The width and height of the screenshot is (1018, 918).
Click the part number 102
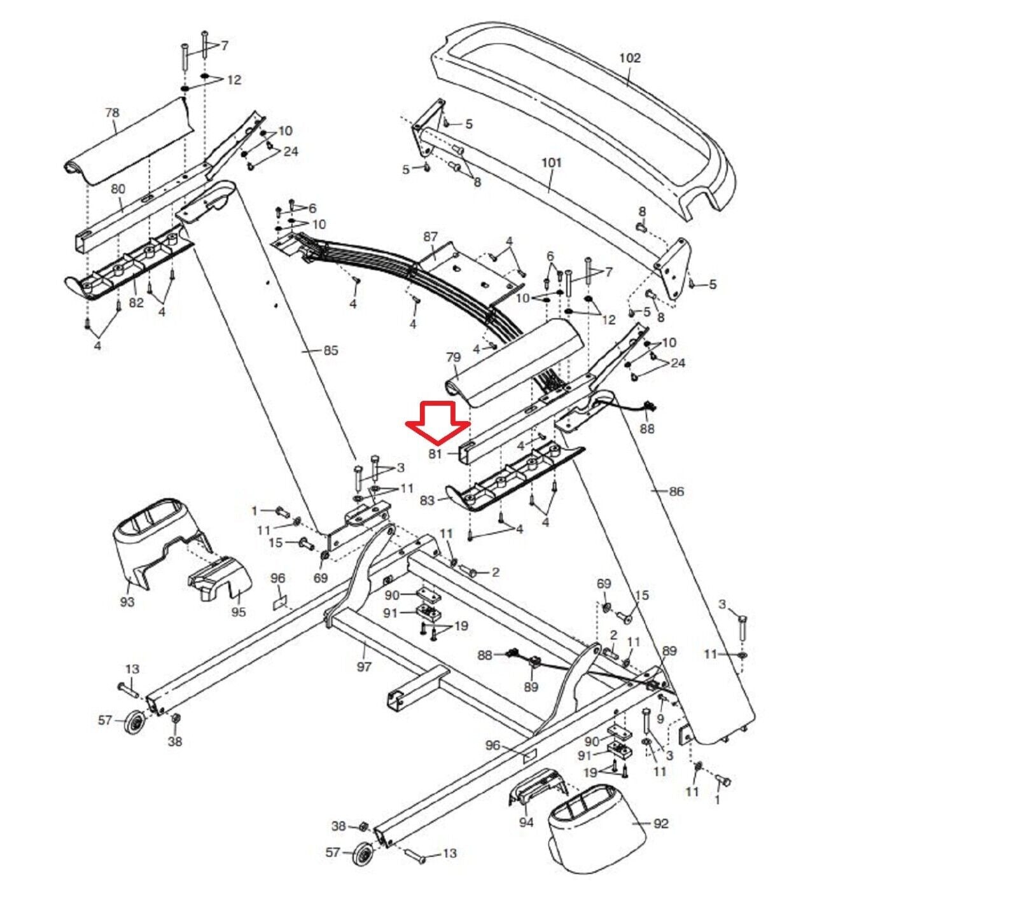pos(630,58)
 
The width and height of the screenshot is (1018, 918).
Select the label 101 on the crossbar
pos(552,162)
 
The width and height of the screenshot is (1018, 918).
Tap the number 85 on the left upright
pos(331,351)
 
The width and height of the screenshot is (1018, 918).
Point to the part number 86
pos(676,491)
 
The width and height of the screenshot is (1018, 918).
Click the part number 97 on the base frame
pos(364,667)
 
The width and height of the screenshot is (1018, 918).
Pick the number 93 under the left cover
pos(127,601)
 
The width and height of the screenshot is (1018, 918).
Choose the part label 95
pos(238,612)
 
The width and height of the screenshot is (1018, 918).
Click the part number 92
pos(661,824)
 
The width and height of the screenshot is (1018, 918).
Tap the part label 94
pos(526,823)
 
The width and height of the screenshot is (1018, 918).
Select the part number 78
pos(112,113)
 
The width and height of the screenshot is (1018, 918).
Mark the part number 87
pos(431,237)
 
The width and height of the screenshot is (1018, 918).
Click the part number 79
pos(453,358)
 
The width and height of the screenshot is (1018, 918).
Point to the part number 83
pos(427,501)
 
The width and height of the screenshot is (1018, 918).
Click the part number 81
pos(435,454)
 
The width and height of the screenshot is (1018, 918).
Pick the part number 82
pos(136,303)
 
